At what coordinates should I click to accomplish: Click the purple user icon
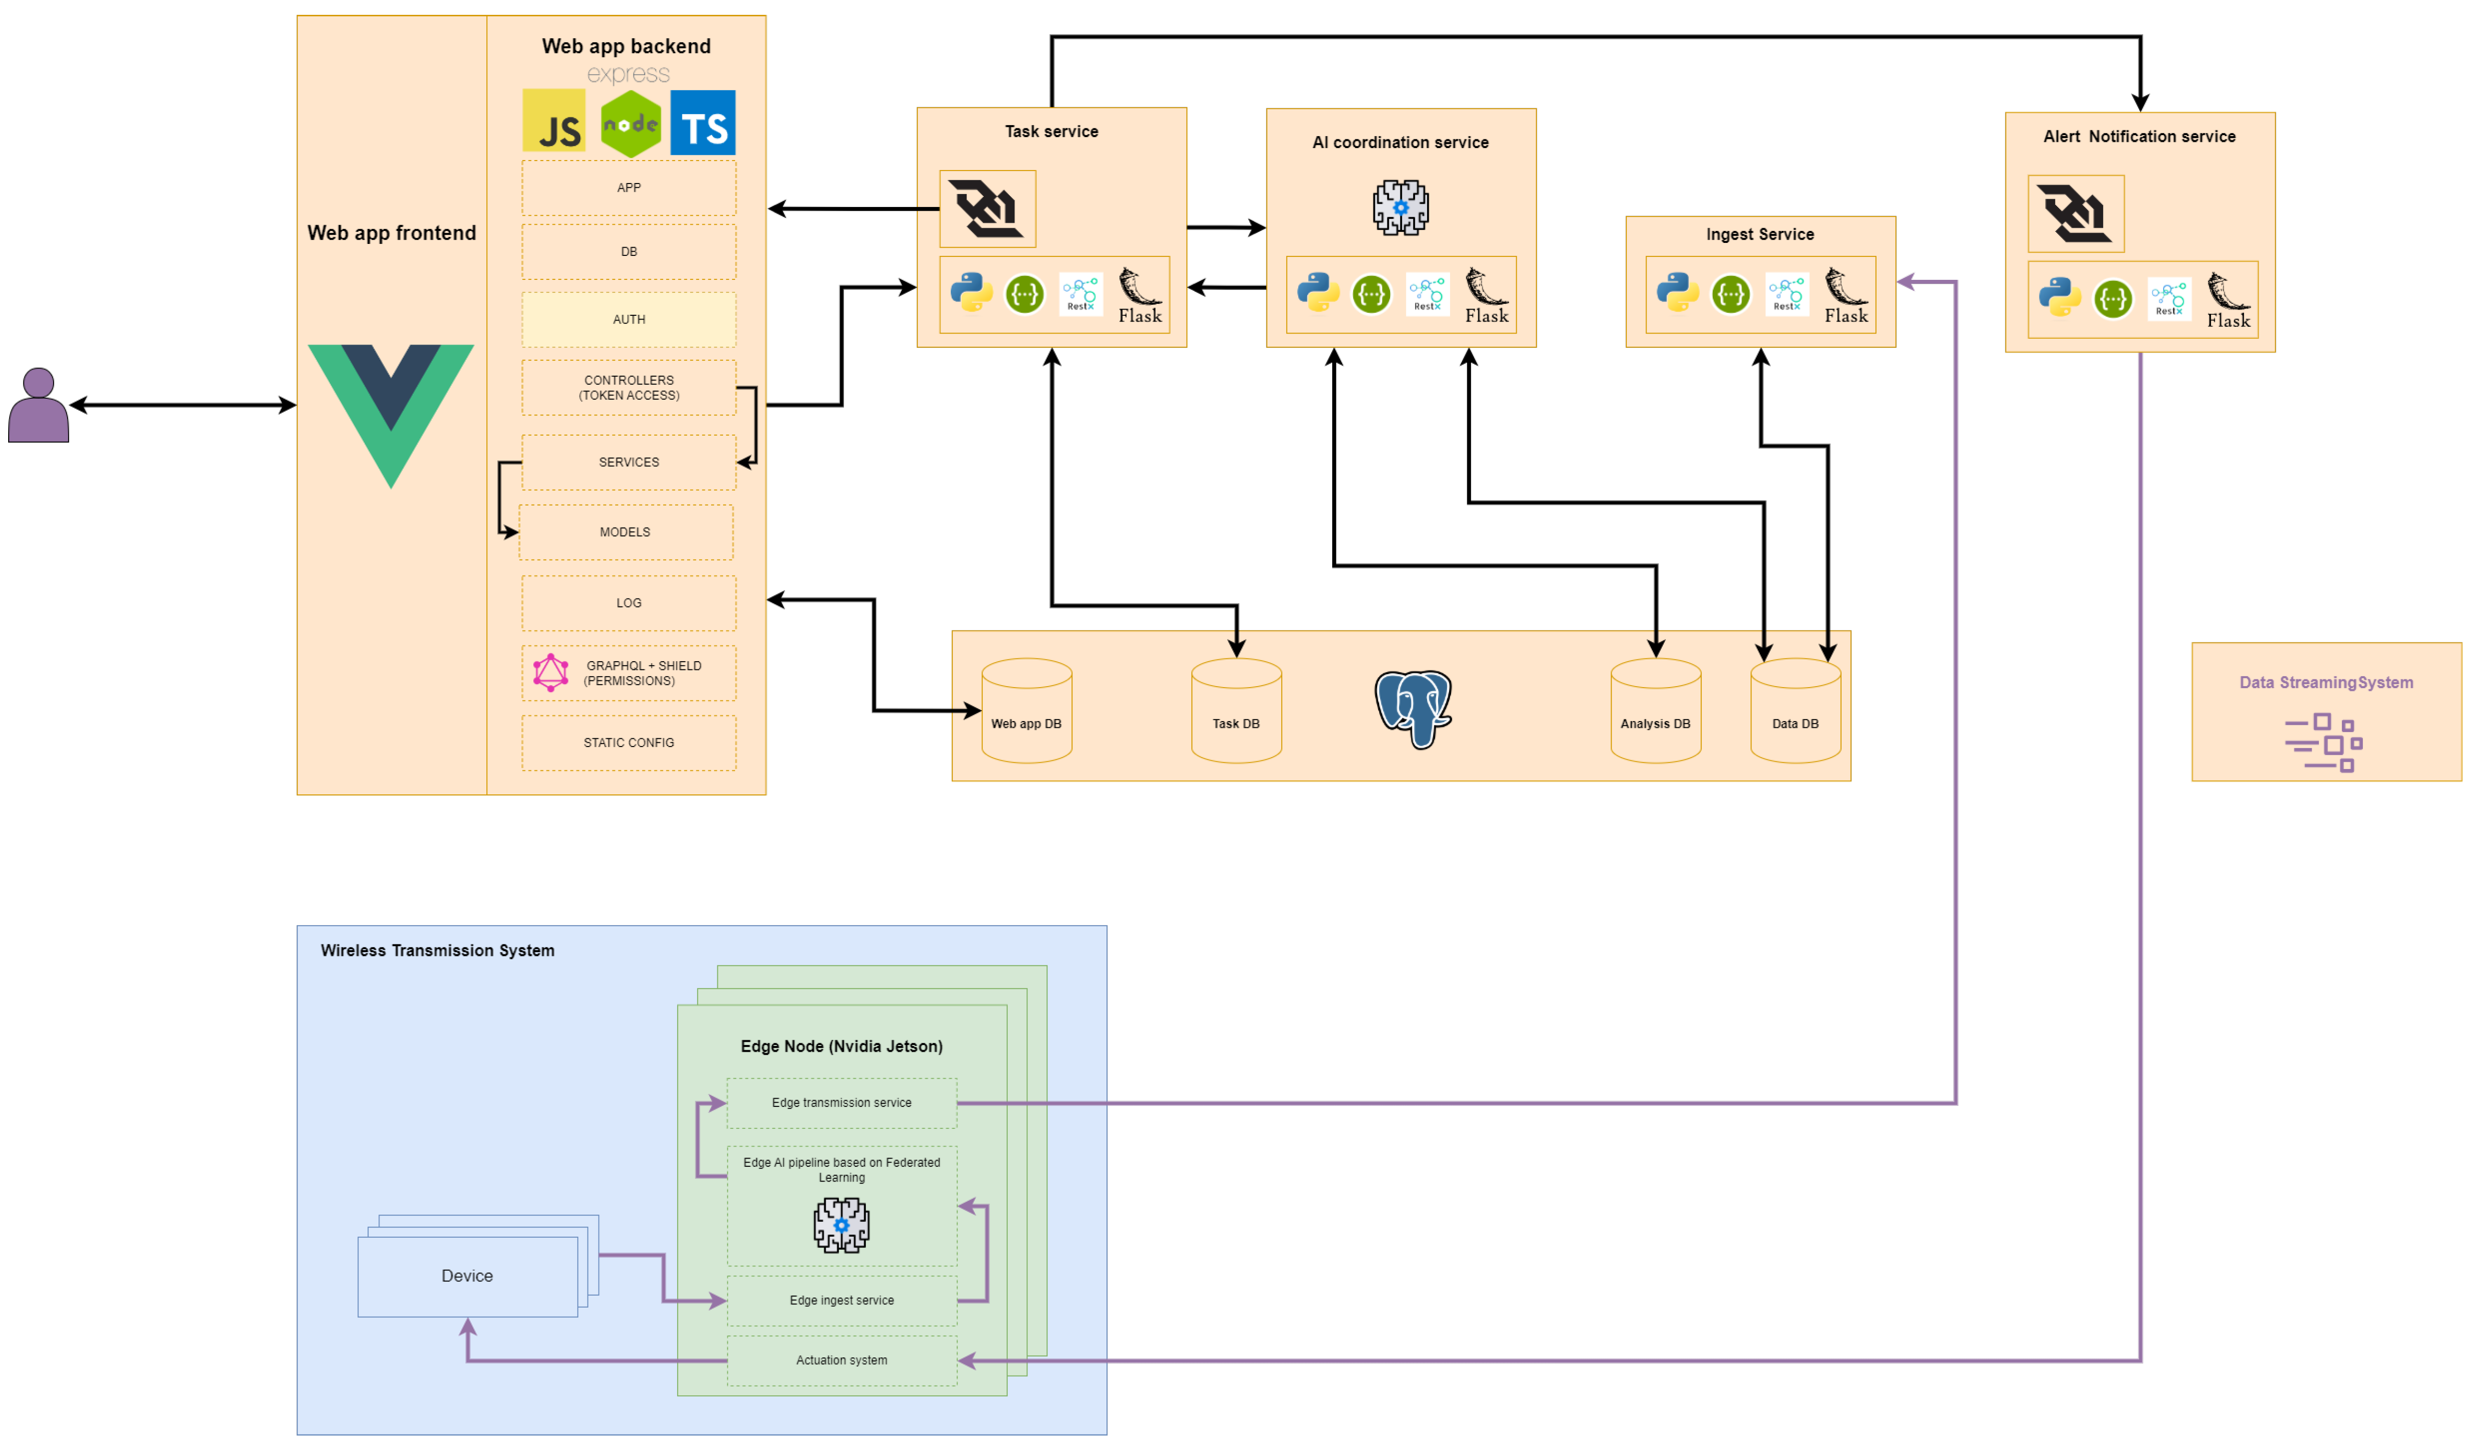[x=38, y=405]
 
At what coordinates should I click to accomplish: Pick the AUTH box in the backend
[x=629, y=319]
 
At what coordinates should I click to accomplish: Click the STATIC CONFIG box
[x=629, y=743]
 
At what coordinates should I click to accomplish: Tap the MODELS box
[x=626, y=532]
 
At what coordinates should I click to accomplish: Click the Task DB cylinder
[x=1236, y=710]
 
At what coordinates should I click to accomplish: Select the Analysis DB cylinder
[x=1656, y=710]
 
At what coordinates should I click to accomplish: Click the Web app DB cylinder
[x=1027, y=710]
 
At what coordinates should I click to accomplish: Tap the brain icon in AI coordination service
[x=1400, y=207]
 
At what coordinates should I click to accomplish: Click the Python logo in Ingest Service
[x=1678, y=293]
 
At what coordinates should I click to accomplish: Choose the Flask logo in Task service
[x=1140, y=296]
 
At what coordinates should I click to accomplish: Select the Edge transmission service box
[x=842, y=1103]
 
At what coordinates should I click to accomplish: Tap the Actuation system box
[x=842, y=1361]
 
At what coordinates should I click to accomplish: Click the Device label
[x=467, y=1276]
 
